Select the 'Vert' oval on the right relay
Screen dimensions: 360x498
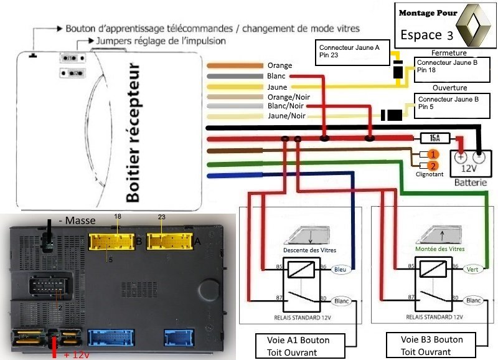[x=474, y=269]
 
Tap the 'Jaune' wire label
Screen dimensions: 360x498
[x=278, y=87]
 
